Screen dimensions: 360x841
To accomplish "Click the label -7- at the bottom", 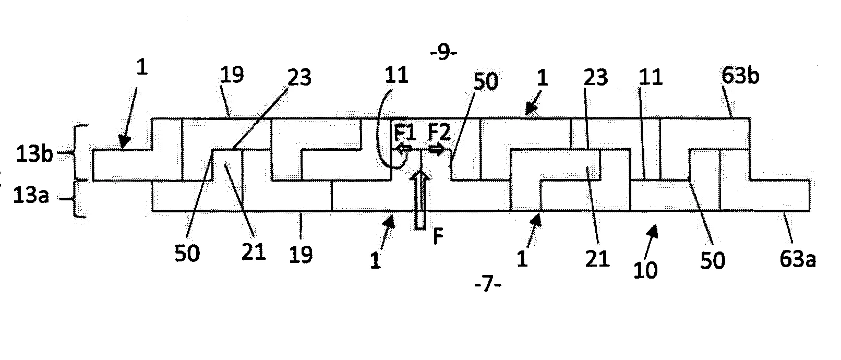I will coord(488,285).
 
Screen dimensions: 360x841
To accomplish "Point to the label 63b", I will coord(740,76).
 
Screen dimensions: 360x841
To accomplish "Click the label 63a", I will coord(797,259).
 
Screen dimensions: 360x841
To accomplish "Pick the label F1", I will coord(405,134).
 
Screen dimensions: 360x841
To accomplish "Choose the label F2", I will coord(440,134).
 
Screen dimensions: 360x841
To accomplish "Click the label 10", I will coord(645,270).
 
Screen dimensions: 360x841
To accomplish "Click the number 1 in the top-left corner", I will coord(141,68).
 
